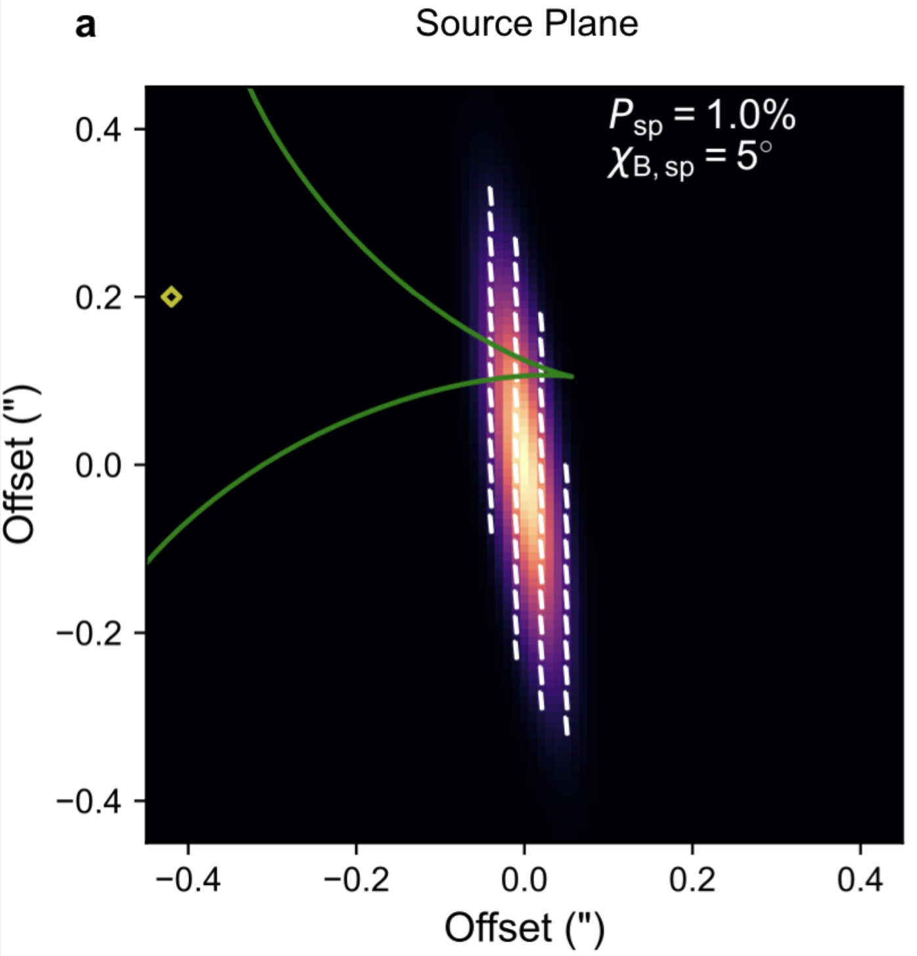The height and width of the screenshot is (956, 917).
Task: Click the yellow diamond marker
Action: [x=171, y=297]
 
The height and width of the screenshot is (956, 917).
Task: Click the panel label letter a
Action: [x=86, y=26]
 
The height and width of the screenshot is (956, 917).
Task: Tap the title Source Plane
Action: [x=527, y=24]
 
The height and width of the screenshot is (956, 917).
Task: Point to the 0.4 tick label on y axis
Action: [x=99, y=129]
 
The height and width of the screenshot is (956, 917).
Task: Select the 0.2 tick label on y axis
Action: [x=99, y=297]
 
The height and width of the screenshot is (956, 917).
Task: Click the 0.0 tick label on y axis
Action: [x=99, y=466]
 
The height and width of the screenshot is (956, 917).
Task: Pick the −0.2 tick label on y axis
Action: [x=89, y=634]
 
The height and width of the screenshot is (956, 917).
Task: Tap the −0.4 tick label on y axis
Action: [x=89, y=802]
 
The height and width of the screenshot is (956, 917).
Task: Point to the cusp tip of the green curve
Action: [x=572, y=376]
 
